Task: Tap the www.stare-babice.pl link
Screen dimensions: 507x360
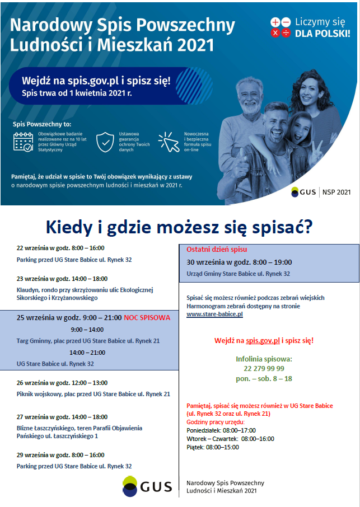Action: [x=214, y=314]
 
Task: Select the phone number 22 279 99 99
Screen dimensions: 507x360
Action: [x=264, y=368]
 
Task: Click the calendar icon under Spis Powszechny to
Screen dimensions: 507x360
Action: [x=23, y=142]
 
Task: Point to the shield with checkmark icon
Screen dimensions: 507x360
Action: [x=105, y=142]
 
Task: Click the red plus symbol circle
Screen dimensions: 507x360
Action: [x=275, y=22]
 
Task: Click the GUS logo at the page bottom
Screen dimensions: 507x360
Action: [x=147, y=486]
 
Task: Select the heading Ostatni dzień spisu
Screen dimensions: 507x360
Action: [x=217, y=250]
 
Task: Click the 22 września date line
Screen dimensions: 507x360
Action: [x=60, y=248]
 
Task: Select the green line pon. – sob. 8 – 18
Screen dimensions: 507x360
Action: [x=264, y=379]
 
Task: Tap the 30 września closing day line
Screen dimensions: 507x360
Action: [x=239, y=262]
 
